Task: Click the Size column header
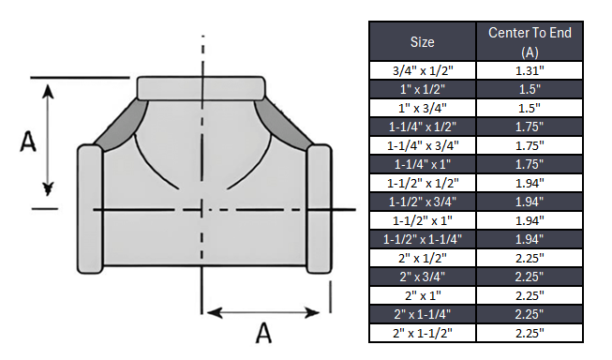click(x=423, y=42)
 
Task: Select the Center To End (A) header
click(x=530, y=42)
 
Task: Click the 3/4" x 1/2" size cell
click(x=423, y=70)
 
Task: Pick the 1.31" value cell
click(x=530, y=70)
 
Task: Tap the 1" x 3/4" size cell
click(x=423, y=107)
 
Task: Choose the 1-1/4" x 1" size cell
click(x=423, y=163)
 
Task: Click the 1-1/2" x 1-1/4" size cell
click(x=423, y=238)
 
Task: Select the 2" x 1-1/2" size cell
click(x=423, y=332)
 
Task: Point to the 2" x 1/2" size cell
click(x=423, y=257)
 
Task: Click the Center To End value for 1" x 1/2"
click(x=530, y=88)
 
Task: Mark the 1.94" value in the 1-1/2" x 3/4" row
click(x=530, y=201)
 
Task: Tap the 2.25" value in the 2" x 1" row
click(x=530, y=294)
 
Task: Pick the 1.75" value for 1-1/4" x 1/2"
click(x=530, y=126)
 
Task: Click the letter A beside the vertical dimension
click(x=29, y=142)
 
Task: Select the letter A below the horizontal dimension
click(x=265, y=334)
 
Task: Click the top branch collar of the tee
click(x=202, y=87)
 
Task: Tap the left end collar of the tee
click(x=90, y=206)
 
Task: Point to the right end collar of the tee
click(x=319, y=206)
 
